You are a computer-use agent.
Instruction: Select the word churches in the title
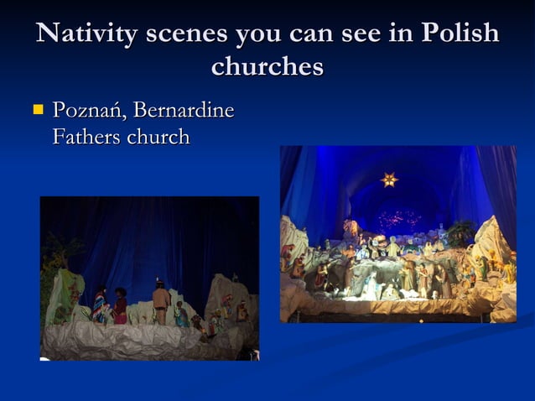pos(267,66)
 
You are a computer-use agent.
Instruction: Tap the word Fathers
pos(86,136)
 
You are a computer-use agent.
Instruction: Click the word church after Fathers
pos(158,136)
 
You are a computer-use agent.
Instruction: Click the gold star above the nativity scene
pos(389,179)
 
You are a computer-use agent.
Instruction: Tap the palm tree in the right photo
pos(460,231)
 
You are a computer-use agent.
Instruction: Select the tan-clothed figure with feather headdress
pos(161,302)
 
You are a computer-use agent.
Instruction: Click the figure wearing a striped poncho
pos(101,304)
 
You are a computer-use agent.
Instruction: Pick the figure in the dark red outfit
pos(121,307)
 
